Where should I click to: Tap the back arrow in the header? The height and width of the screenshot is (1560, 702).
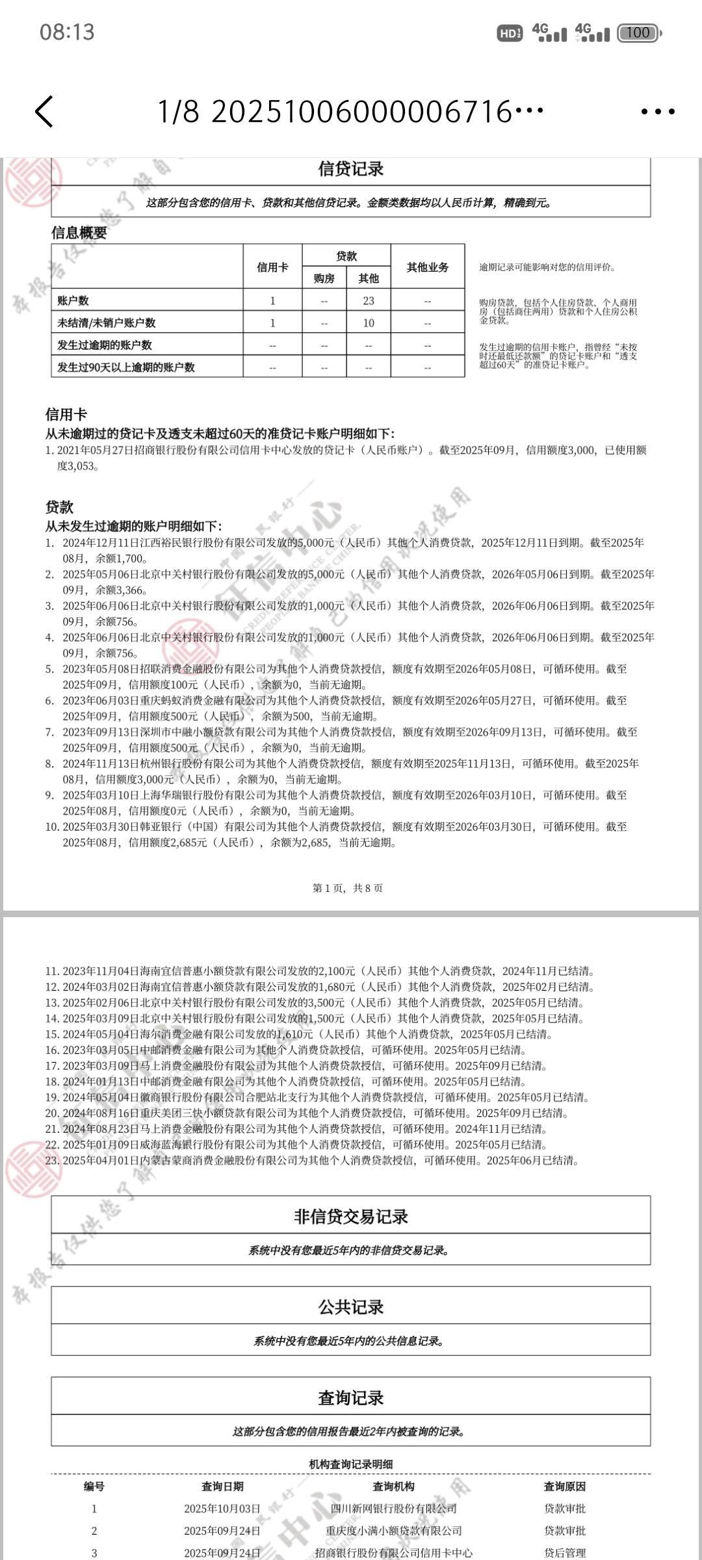pos(44,111)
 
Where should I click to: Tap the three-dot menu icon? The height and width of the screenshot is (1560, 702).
pos(658,112)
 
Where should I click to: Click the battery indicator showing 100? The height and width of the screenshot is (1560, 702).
pos(639,32)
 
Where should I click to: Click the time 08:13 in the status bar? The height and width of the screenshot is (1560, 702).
pos(67,32)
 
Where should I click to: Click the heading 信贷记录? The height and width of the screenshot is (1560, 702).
pos(351,169)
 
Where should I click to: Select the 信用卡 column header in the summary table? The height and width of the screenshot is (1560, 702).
pos(272,267)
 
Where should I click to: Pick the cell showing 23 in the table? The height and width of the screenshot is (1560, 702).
pos(369,301)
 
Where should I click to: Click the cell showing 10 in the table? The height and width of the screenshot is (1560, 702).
pos(369,323)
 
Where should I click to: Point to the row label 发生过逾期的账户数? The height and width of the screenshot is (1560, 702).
pos(105,345)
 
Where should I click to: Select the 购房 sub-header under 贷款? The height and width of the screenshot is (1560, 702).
pos(324,279)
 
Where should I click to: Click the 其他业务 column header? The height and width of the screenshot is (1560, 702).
pos(427,267)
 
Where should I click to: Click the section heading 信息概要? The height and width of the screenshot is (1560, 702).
pos(79,233)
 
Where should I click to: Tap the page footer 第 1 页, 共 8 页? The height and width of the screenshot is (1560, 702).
pos(348,888)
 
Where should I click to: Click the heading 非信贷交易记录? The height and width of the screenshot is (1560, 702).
pos(351,1217)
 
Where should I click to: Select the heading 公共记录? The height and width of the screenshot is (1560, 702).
pos(351,1307)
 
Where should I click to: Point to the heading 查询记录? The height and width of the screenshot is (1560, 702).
pos(351,1397)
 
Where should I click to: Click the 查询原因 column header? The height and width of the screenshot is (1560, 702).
pos(564,1487)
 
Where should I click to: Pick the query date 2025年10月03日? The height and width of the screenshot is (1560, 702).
pos(222,1509)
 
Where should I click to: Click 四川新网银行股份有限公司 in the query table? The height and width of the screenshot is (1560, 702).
pos(393,1509)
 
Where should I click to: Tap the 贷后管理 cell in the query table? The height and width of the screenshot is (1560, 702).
pos(564,1553)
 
